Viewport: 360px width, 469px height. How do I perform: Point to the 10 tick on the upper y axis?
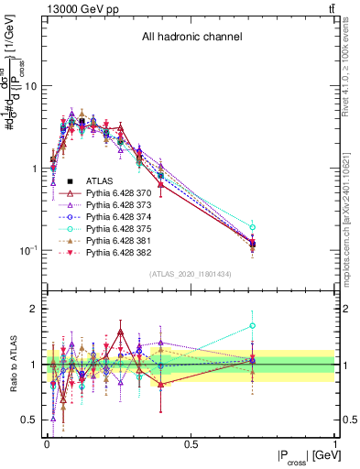30,86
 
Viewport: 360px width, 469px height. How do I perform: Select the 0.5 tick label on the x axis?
191,445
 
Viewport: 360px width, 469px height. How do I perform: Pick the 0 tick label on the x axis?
47,445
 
